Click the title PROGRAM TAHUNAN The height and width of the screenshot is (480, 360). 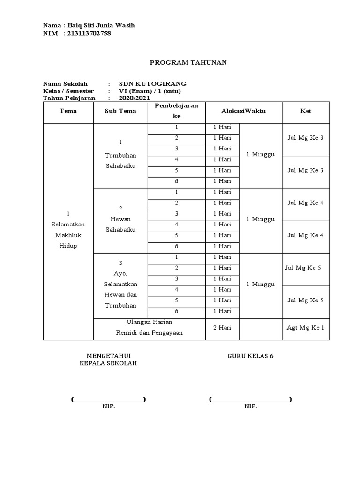tap(188, 63)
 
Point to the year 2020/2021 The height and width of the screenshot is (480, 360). tap(134, 98)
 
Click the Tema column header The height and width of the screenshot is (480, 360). tap(68, 111)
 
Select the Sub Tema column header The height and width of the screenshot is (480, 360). tap(121, 111)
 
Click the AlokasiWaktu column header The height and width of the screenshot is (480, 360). tap(244, 111)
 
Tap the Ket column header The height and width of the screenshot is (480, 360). tap(306, 111)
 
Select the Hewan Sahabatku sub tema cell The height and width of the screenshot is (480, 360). tap(121, 224)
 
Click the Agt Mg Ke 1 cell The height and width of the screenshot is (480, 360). tap(306, 328)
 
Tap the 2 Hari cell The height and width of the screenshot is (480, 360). tap(222, 328)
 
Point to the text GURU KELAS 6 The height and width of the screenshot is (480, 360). tap(250, 356)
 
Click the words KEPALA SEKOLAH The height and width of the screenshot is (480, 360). tap(108, 364)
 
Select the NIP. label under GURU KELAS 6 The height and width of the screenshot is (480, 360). tap(250, 406)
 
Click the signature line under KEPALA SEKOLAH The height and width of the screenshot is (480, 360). tap(108, 399)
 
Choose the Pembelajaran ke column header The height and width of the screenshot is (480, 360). tap(176, 111)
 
